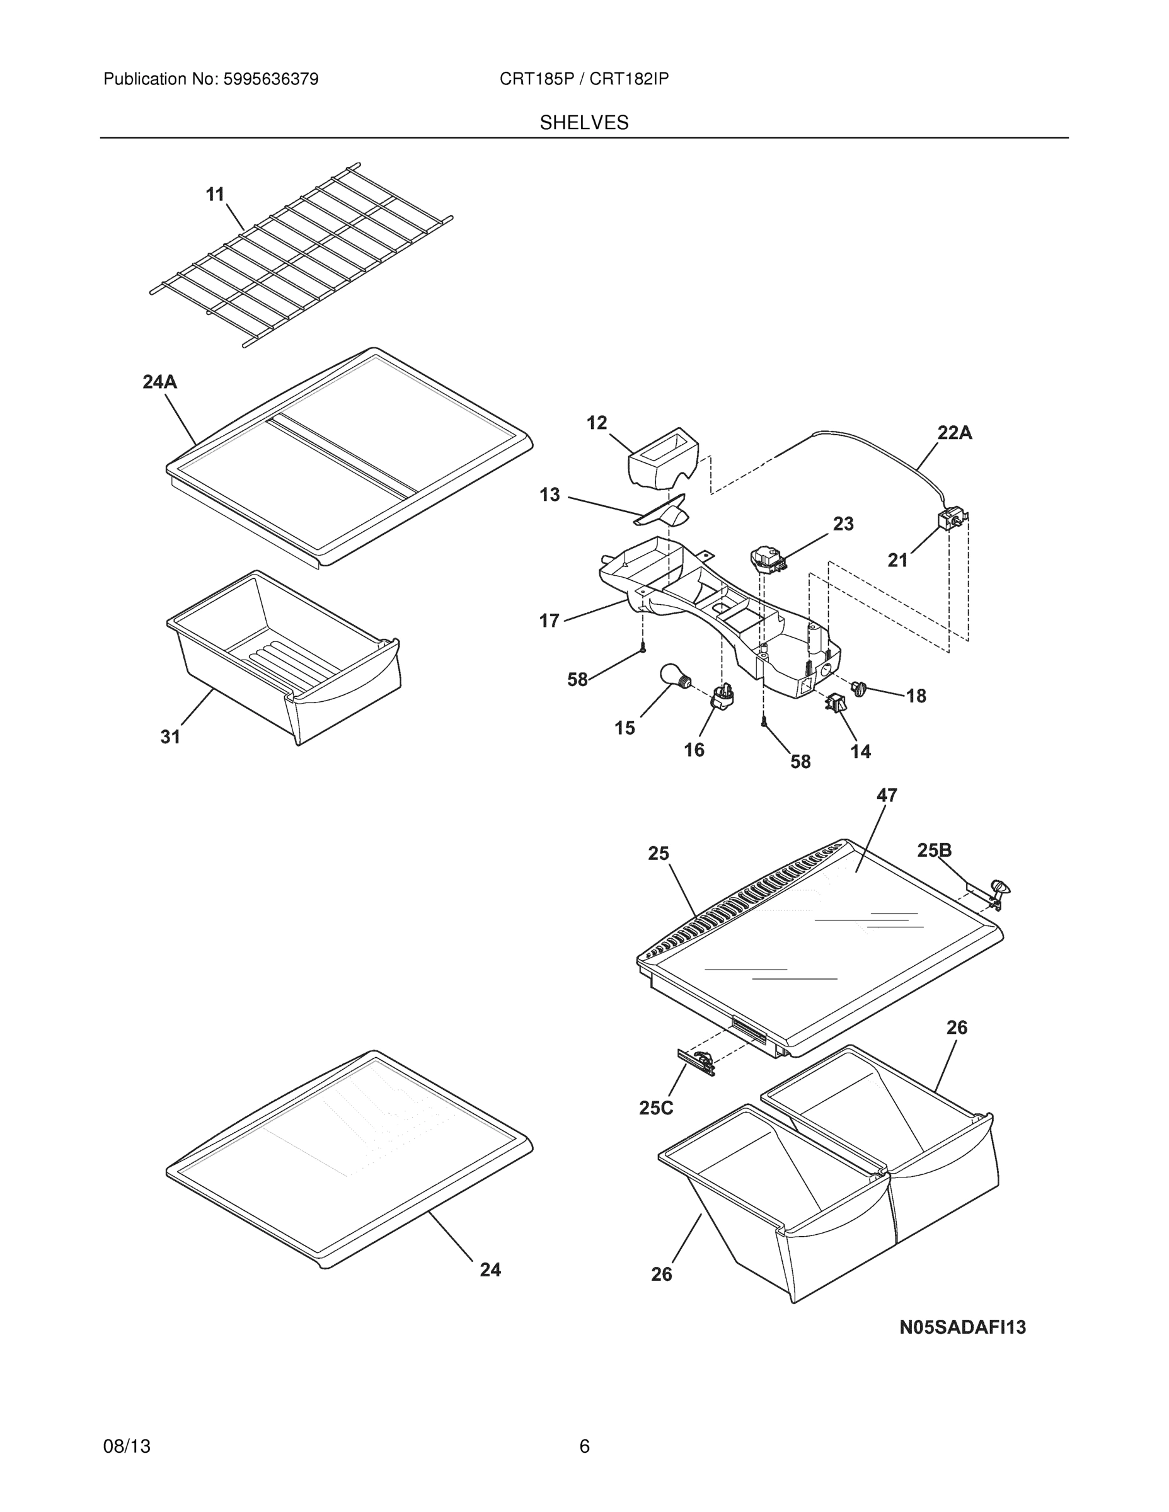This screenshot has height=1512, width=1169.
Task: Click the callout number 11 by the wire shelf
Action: coord(216,195)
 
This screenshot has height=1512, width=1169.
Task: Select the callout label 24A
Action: coord(160,381)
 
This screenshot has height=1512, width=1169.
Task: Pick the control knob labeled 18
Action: coord(860,688)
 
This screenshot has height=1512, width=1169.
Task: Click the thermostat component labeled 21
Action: coord(951,519)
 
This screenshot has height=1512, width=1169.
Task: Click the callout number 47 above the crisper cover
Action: coord(887,796)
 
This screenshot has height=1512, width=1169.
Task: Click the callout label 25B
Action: coord(934,850)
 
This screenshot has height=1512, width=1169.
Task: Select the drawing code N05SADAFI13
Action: coord(962,1327)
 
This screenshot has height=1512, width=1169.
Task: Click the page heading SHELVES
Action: coord(584,123)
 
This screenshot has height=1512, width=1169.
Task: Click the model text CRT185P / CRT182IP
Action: coord(584,79)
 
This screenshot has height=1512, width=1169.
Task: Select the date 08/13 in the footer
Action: coord(127,1446)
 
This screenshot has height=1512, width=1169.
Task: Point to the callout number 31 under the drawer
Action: coord(170,737)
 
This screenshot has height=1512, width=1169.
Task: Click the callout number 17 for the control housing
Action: coord(549,621)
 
